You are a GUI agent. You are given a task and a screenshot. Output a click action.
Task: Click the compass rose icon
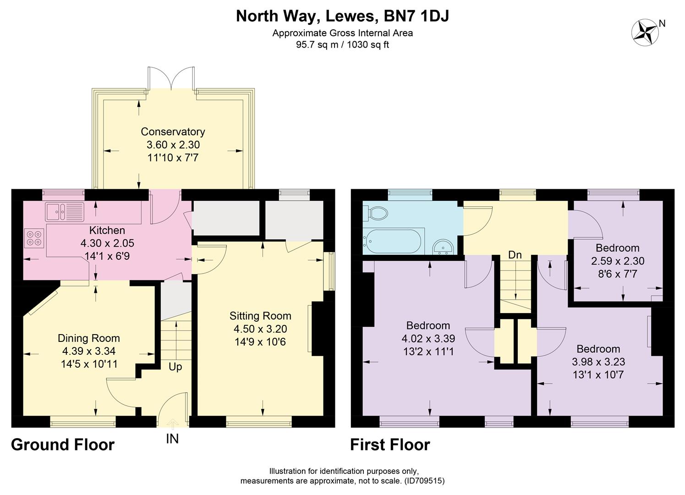coord(645,32)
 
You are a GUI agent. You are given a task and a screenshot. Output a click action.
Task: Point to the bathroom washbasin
coord(443,247)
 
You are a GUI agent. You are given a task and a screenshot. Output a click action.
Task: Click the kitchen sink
coord(64,211)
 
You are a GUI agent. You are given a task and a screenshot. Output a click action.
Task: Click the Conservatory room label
coord(173,132)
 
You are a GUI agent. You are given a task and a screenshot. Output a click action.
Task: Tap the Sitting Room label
coord(260,316)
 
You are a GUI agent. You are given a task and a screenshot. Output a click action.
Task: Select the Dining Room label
coord(88,338)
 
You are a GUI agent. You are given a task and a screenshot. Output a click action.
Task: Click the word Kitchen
coord(107,230)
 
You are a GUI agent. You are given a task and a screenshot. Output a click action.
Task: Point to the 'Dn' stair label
coord(515,255)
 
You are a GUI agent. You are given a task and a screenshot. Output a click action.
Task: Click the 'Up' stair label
coord(175,367)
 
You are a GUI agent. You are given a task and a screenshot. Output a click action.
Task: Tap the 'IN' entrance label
coord(172,439)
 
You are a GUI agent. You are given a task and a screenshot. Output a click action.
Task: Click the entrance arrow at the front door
coord(172,423)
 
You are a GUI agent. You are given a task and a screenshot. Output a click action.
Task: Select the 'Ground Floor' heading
coord(62,445)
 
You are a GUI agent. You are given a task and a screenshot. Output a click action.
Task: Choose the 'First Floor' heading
coord(390,445)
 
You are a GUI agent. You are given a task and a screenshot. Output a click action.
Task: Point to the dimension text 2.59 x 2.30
coord(617,261)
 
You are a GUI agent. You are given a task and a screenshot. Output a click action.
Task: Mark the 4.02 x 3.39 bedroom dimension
coord(428,339)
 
